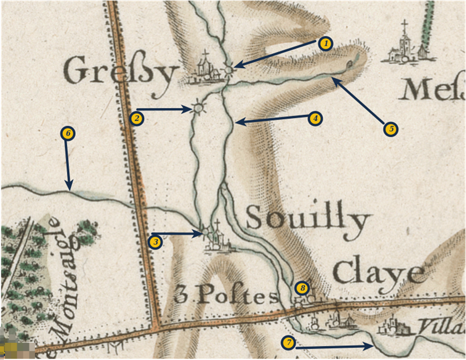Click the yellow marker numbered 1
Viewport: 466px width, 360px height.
(325, 44)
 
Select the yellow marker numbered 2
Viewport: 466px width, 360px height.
(137, 118)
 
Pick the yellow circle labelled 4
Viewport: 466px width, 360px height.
(315, 118)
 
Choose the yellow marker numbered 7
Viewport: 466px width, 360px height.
(288, 343)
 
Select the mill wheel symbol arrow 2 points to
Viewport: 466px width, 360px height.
(199, 109)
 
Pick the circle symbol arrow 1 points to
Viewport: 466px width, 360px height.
(229, 70)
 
